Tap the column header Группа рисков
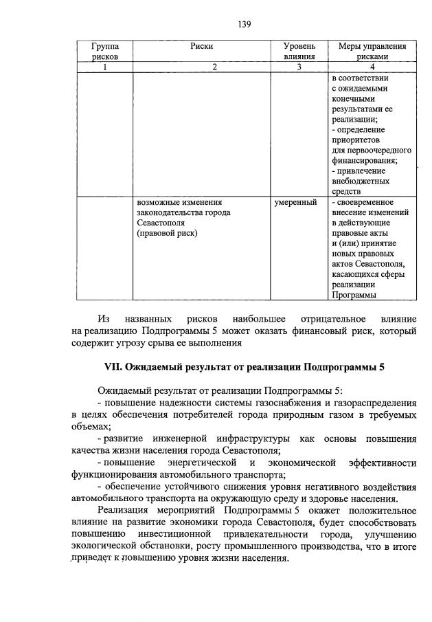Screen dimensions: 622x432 [104, 52]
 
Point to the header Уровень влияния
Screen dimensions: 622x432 [299, 52]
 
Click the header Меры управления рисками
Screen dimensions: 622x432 [372, 52]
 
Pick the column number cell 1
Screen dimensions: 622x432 [104, 67]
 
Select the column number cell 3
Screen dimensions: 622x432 [299, 67]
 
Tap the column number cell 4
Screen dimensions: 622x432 [372, 67]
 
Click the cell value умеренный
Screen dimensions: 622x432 [295, 203]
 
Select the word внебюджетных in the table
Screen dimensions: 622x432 [362, 181]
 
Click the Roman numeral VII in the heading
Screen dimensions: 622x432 [111, 367]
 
